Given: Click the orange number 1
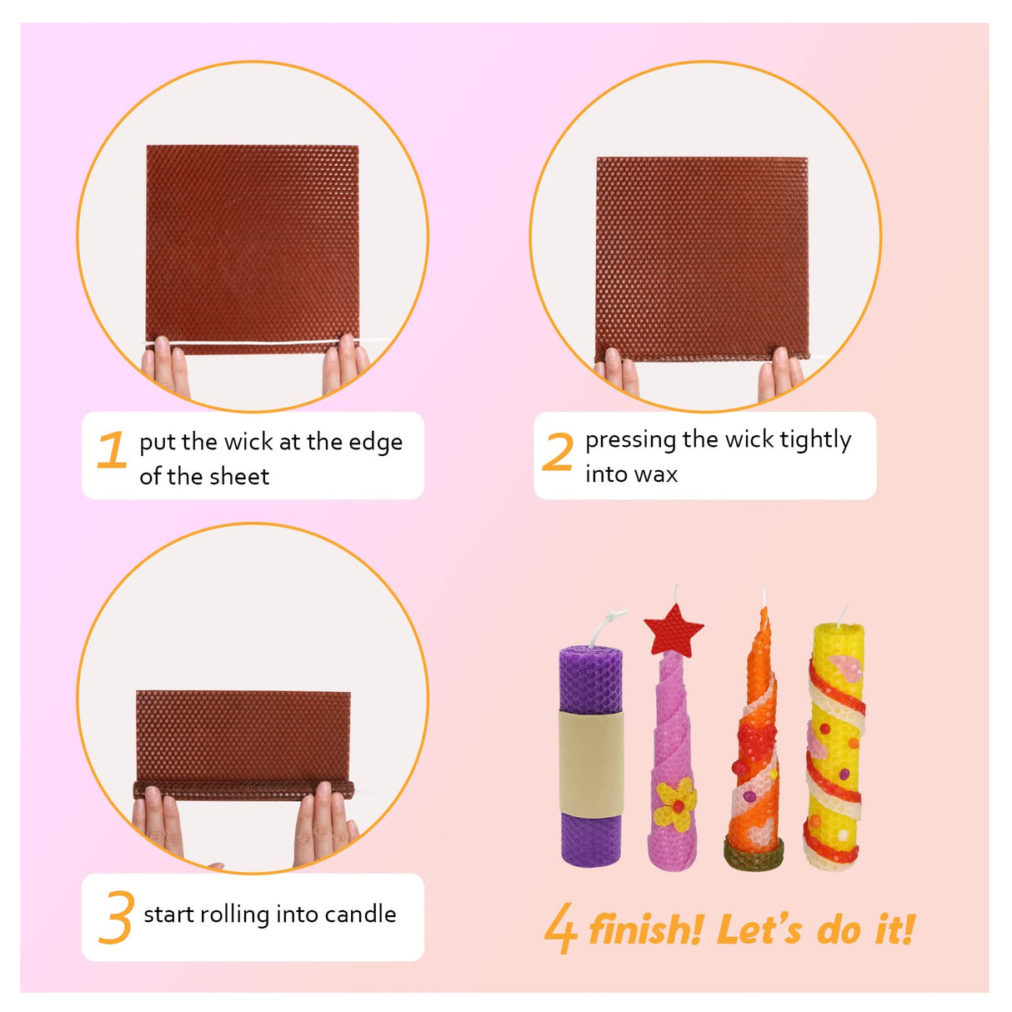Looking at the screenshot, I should tap(112, 450).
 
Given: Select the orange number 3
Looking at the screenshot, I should tap(116, 917).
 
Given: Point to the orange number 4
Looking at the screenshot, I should tap(560, 928).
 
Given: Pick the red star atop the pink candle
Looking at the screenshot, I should tap(674, 630).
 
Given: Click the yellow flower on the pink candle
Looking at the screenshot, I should tap(674, 804).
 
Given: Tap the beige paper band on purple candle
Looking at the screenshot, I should tap(591, 763).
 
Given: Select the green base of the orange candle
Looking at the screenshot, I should tap(754, 854).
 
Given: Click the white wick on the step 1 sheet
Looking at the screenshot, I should tap(250, 343).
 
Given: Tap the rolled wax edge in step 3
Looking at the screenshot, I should tap(243, 788).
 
